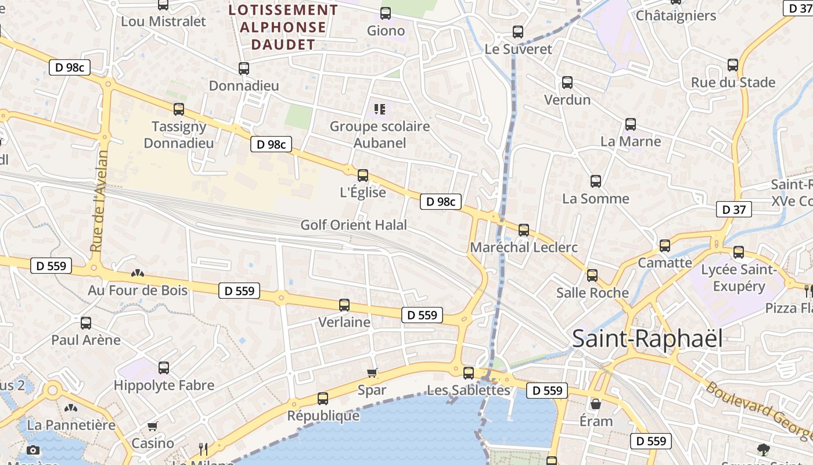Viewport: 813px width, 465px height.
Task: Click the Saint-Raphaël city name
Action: (x=647, y=339)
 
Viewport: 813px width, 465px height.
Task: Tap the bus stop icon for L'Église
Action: (x=363, y=175)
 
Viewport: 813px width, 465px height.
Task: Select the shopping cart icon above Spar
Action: (x=372, y=373)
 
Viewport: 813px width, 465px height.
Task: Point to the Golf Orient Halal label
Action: (x=354, y=225)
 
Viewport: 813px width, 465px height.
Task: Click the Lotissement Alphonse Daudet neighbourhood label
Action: (x=283, y=27)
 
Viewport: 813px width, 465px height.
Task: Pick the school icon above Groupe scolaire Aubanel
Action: (x=380, y=109)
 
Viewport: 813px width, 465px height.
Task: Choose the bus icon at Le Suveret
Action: (x=518, y=32)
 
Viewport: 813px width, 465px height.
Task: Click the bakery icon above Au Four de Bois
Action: (x=138, y=273)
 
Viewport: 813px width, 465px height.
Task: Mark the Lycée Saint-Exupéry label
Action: (x=738, y=278)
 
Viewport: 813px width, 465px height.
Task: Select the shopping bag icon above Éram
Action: (x=596, y=404)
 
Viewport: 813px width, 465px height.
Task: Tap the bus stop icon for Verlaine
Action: (x=344, y=305)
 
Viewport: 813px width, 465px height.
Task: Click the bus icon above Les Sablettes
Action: (x=469, y=373)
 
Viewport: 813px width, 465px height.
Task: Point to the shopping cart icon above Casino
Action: (x=153, y=427)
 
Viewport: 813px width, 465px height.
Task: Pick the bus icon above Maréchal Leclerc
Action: (x=524, y=230)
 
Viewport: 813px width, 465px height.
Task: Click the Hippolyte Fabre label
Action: (x=164, y=385)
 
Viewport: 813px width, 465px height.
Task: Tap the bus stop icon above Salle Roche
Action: (x=592, y=276)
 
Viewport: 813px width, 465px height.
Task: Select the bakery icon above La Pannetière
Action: (x=71, y=408)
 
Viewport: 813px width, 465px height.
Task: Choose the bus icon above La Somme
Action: (x=596, y=181)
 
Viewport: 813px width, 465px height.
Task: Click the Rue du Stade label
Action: (x=733, y=83)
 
